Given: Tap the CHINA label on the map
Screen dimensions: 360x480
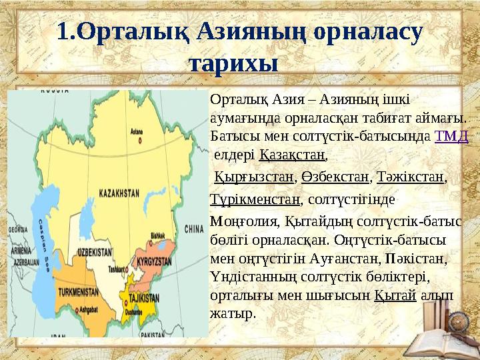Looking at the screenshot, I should click(195, 228).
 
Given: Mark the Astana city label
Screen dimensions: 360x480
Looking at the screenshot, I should click(137, 131).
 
